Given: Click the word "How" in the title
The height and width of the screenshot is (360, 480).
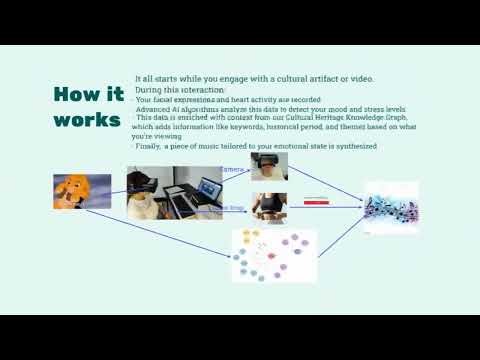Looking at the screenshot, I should pyautogui.click(x=75, y=95).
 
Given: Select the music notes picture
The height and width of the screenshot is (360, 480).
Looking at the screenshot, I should pyautogui.click(x=391, y=207).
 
